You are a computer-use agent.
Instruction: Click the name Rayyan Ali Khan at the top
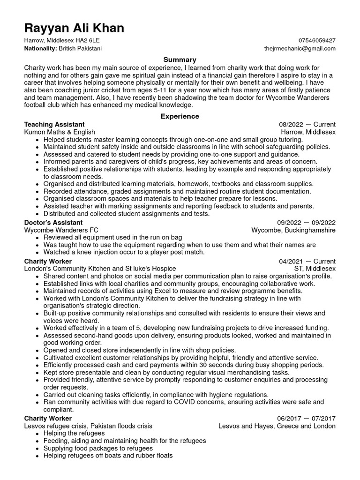point(74,28)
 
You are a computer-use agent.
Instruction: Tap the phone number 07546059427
point(316,41)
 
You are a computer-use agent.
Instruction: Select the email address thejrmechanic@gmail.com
point(300,48)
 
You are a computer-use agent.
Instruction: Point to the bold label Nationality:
point(41,48)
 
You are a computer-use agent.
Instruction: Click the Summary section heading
point(180,60)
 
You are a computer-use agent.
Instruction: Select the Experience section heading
point(180,116)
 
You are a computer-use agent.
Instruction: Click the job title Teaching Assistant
point(54,125)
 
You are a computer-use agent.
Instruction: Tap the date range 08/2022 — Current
point(307,125)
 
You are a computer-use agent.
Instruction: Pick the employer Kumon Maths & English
point(60,132)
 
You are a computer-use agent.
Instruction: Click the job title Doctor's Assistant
point(53,223)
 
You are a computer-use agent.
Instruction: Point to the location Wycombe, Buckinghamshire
point(293,230)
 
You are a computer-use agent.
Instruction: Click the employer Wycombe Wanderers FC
point(61,230)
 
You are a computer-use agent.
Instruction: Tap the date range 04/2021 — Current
point(307,261)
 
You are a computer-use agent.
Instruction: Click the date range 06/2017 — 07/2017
point(306,418)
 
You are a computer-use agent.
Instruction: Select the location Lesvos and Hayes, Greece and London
point(277,426)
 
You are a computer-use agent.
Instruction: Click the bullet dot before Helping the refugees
point(37,434)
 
